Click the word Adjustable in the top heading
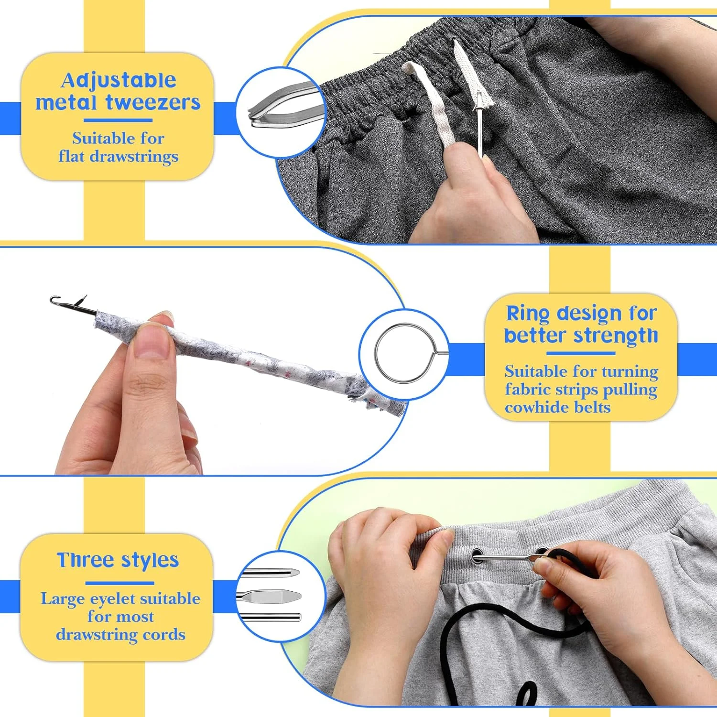click(119, 80)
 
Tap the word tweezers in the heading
click(153, 102)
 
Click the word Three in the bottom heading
click(86, 560)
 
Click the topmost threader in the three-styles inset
click(269, 572)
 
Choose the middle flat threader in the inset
click(269, 596)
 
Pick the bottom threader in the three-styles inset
click(271, 617)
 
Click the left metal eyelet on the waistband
click(477, 556)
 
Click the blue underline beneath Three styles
click(119, 583)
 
